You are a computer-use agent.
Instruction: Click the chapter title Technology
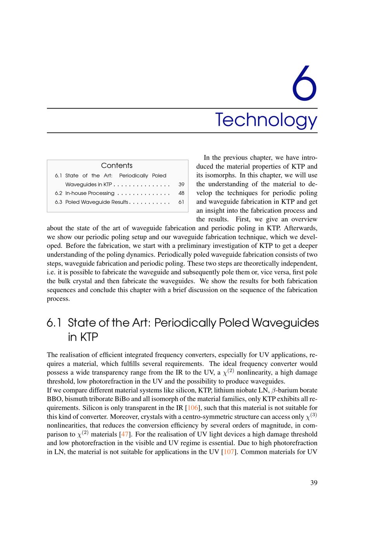pyautogui.click(x=266, y=120)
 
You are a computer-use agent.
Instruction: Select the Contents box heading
pyautogui.click(x=117, y=165)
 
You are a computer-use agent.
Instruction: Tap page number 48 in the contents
pyautogui.click(x=181, y=193)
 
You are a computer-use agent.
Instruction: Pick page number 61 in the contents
pyautogui.click(x=181, y=202)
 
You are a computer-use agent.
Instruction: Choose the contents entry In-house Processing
pyautogui.click(x=90, y=193)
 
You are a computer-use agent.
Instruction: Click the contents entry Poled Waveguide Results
pyautogui.click(x=97, y=202)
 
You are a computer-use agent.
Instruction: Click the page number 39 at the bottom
pyautogui.click(x=314, y=483)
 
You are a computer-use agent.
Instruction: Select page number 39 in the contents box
pyautogui.click(x=181, y=184)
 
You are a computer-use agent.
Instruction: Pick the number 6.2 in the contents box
pyautogui.click(x=59, y=193)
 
